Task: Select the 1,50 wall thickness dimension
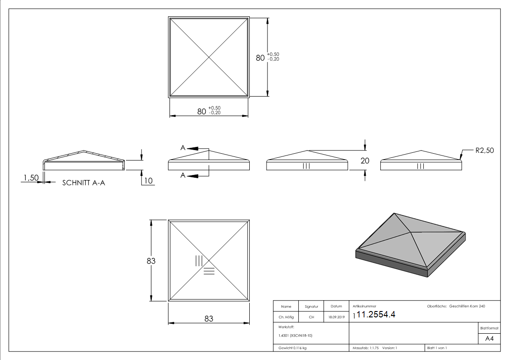[31, 179]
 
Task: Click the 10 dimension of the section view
[148, 181]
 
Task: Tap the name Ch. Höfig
[286, 317]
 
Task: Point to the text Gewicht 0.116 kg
[292, 348]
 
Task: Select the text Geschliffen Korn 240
[467, 306]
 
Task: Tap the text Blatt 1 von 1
[437, 348]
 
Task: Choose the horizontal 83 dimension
[208, 319]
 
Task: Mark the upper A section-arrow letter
[183, 148]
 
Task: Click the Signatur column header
[311, 307]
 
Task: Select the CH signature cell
[311, 317]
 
